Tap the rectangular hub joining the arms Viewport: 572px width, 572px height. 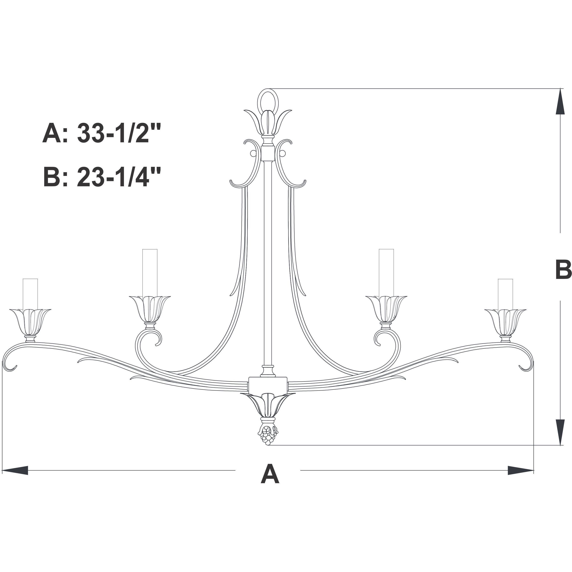click(268, 385)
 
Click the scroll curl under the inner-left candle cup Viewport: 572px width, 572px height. click(148, 340)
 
